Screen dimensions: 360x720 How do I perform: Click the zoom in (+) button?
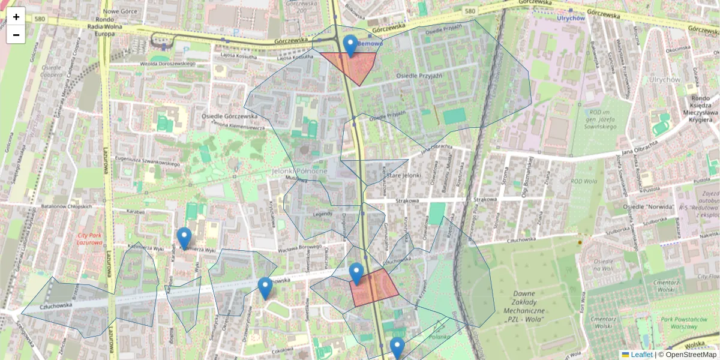(16, 16)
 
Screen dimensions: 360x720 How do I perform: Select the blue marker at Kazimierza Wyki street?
(184, 238)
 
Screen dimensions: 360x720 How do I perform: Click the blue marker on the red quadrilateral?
(356, 273)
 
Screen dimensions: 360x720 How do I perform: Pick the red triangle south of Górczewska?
(354, 65)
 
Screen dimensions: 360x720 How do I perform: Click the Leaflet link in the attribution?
(641, 355)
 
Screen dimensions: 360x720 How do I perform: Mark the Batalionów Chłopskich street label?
(66, 206)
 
